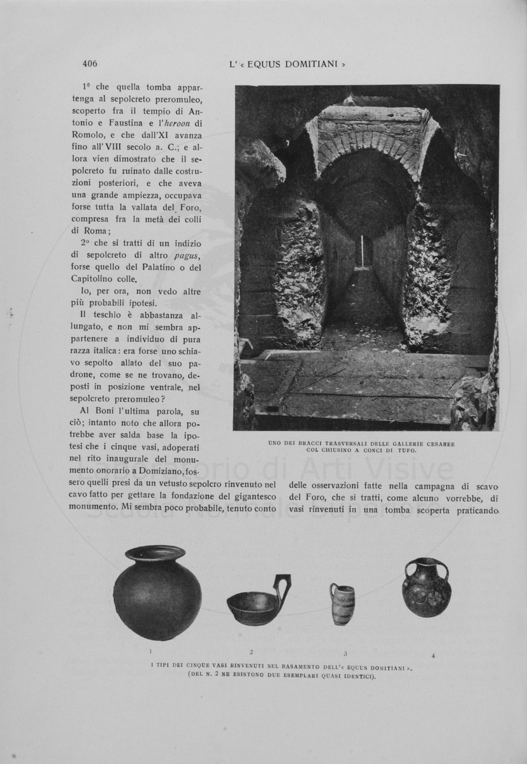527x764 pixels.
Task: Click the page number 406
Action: (x=89, y=63)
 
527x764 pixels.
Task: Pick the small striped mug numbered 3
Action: (x=342, y=604)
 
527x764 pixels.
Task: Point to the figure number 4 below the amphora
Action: (x=433, y=655)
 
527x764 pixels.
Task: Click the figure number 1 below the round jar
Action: (x=150, y=651)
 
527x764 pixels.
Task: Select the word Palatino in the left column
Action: (x=154, y=268)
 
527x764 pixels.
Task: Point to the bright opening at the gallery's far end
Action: (x=366, y=251)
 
